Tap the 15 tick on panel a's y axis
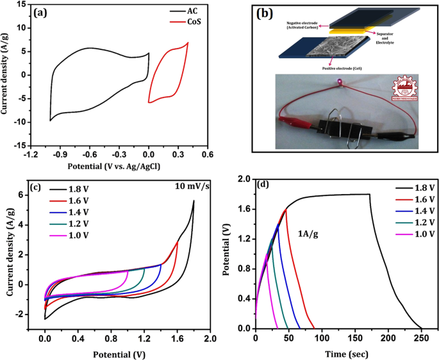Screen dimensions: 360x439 point(21,4)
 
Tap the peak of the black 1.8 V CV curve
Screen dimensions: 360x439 point(194,201)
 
